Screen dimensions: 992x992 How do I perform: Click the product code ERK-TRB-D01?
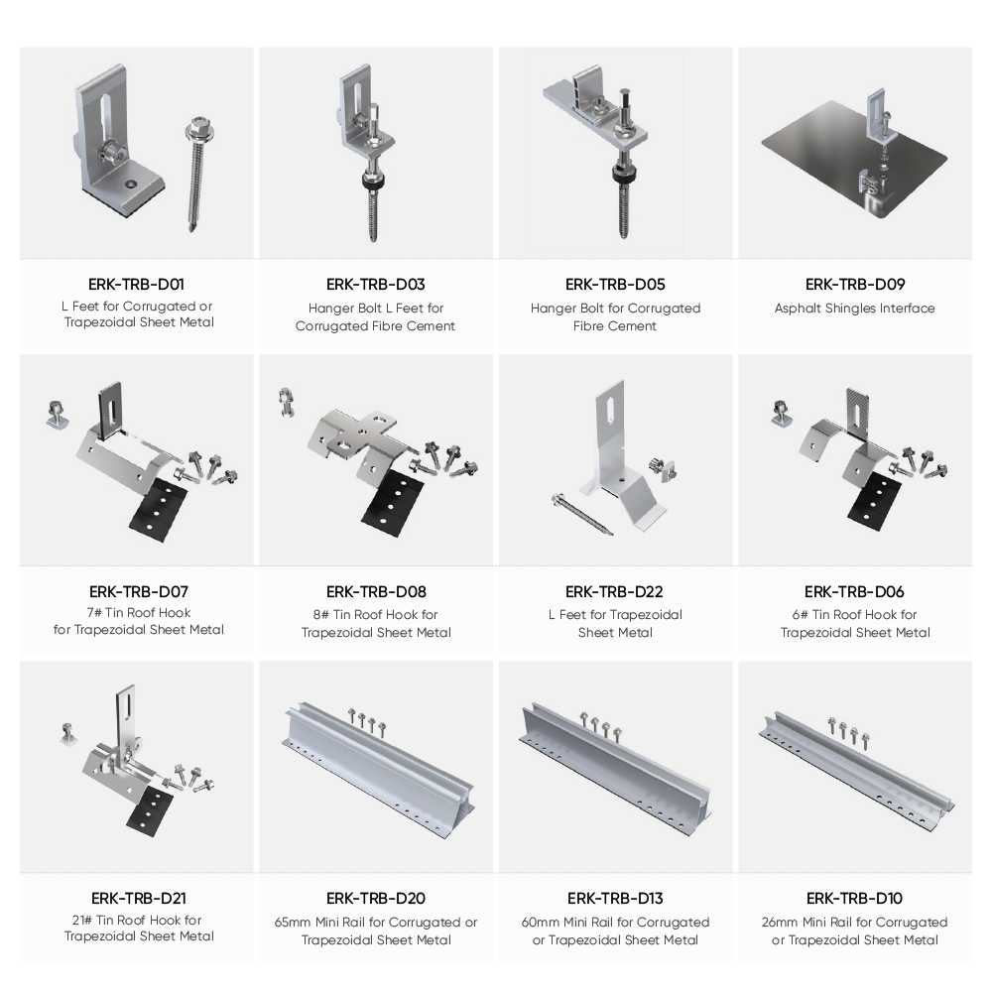[136, 284]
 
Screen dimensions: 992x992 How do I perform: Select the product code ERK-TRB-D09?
[855, 284]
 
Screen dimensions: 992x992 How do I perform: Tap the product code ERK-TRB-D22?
[614, 591]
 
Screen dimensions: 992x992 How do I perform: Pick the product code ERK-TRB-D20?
[376, 899]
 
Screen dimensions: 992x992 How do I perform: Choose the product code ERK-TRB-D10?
[854, 899]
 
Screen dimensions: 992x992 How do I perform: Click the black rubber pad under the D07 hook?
[159, 509]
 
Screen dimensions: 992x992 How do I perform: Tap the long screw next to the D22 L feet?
[582, 513]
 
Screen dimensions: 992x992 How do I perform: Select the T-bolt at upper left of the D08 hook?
[287, 402]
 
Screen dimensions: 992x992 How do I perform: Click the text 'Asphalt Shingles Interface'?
[855, 309]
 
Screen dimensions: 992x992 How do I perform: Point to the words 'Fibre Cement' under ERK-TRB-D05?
[615, 325]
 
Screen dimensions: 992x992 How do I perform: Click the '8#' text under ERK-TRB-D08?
[320, 615]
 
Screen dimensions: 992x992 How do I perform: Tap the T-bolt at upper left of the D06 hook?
[781, 413]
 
